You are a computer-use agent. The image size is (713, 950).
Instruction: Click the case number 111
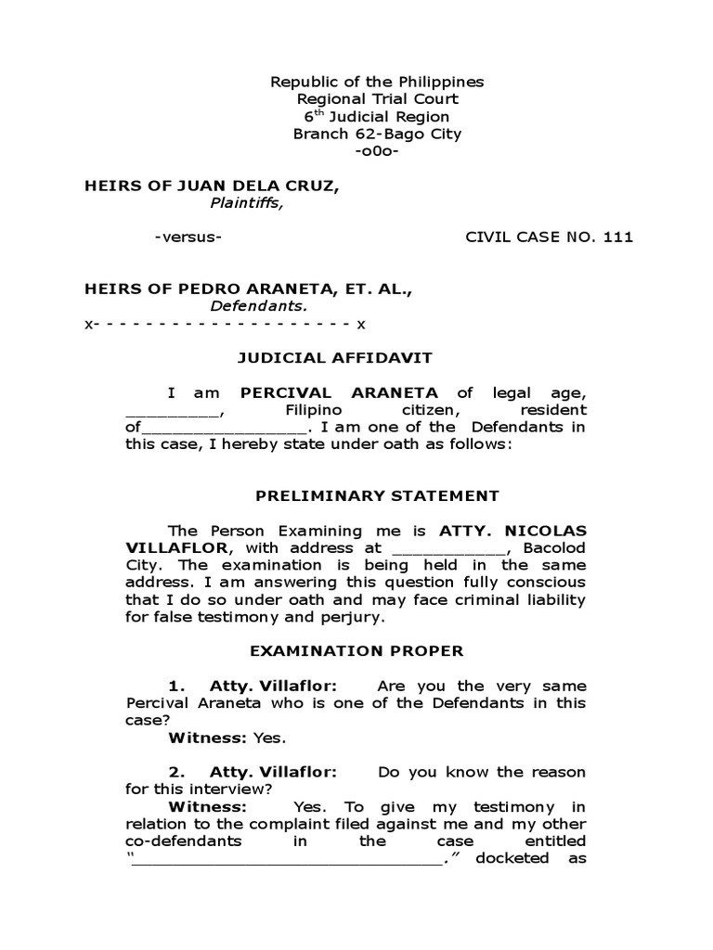click(617, 237)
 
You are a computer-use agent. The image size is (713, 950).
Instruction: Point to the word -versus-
click(188, 237)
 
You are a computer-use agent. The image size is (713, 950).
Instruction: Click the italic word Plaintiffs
click(246, 203)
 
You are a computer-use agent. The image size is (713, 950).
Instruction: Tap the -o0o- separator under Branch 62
click(376, 151)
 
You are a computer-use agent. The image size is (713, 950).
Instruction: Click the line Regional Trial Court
click(376, 99)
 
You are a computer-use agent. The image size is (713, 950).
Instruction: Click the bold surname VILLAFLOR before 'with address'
click(170, 547)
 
